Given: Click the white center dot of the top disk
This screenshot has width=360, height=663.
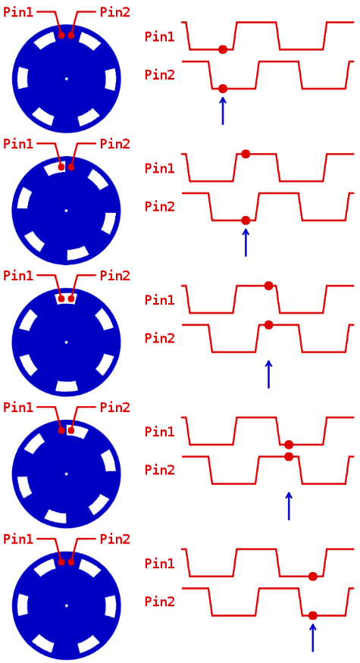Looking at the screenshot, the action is pos(67,78).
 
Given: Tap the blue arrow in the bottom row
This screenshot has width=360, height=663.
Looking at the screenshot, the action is pos(312,637).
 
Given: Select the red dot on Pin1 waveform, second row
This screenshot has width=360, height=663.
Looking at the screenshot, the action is pos(246,155).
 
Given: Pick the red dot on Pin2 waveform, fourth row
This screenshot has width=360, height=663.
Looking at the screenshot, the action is pos(289,456).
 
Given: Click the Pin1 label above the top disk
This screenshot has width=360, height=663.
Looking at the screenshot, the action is pos(17,12).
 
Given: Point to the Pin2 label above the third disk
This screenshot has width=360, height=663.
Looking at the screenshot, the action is pos(114,276).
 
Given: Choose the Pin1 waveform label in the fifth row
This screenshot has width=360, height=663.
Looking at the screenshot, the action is pos(159,563).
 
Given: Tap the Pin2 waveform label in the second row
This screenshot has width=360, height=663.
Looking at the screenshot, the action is pos(159,207).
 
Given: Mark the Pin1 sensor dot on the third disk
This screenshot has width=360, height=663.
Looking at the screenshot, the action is pos(61,299).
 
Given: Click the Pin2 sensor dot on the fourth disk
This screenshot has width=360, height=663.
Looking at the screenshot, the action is pos(71,430).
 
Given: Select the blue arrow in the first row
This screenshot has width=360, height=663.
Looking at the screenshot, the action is pos(223,111).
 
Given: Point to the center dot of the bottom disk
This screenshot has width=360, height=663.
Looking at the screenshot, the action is pos(67,606).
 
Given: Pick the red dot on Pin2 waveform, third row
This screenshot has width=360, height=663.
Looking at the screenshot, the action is pos(268,325).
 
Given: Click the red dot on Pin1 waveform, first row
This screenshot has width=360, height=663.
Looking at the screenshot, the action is pos(223,49).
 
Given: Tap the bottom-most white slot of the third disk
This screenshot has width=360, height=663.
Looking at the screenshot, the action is pos(67,386).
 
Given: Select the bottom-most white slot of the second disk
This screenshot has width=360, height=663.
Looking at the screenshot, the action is pos(77,253).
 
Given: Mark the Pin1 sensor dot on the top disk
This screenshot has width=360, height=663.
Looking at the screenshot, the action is pos(61,35).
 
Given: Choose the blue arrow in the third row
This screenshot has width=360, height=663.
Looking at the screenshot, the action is pos(268,374).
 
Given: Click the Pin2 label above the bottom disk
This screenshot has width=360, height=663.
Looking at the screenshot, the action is pos(114,539).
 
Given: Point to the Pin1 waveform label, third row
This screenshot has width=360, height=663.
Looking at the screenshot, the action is pos(159,300).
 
